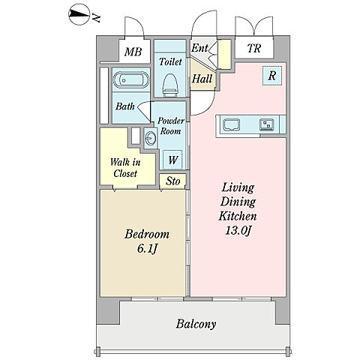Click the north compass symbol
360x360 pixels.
(x=79, y=15)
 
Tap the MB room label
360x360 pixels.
(x=133, y=52)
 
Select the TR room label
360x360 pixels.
(x=254, y=48)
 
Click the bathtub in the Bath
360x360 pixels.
(x=130, y=80)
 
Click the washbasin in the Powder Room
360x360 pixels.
(x=151, y=139)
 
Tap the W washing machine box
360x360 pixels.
(x=172, y=160)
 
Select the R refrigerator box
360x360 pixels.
(x=272, y=76)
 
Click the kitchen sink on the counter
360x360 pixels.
(x=232, y=124)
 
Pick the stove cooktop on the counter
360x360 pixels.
(x=267, y=124)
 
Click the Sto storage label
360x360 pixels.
(x=173, y=181)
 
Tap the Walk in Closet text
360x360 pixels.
(x=125, y=168)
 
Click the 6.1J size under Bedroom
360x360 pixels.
(x=147, y=248)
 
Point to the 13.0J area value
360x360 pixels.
(x=238, y=230)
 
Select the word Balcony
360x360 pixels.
(x=196, y=324)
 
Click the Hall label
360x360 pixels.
(x=202, y=79)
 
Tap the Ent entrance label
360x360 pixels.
(x=199, y=48)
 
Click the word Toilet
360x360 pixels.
(x=170, y=61)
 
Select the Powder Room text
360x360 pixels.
(x=171, y=126)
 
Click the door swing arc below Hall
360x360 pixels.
(x=208, y=108)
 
